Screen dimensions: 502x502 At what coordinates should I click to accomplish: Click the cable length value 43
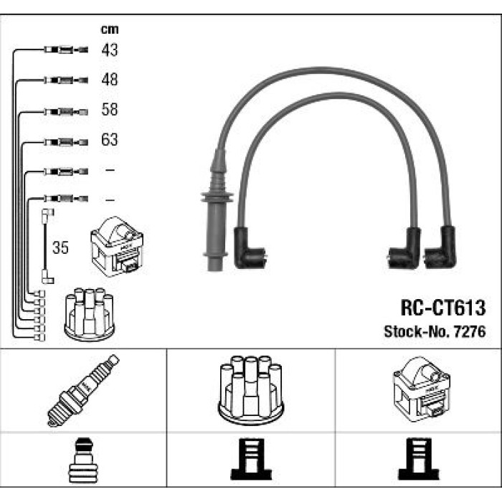(x=110, y=50)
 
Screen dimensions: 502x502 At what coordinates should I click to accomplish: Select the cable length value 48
(x=110, y=80)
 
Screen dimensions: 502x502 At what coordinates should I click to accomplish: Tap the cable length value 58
(x=110, y=110)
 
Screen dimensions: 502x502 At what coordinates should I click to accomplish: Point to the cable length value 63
(x=110, y=140)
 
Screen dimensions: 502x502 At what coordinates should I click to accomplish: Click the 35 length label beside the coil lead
(x=60, y=247)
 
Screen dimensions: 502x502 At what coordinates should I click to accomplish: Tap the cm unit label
(x=110, y=29)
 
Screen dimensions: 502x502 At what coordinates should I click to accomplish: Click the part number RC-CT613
(x=443, y=308)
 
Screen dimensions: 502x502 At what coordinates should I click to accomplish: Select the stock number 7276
(x=470, y=331)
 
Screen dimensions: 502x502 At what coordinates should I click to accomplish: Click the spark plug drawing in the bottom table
(x=83, y=390)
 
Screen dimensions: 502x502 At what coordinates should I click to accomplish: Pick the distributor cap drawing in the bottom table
(x=251, y=390)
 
